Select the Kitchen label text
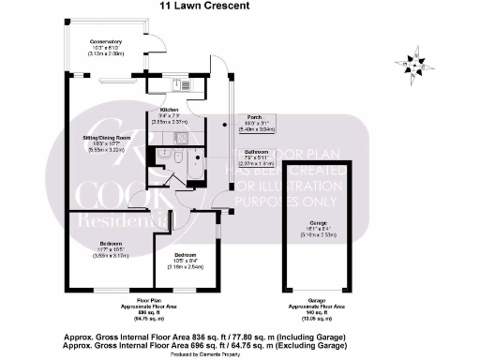[x=169, y=110]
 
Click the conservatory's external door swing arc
[x=157, y=39]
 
